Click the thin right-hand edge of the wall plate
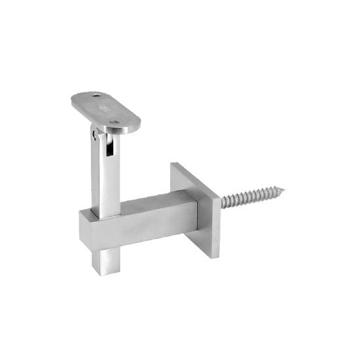pos(216,226)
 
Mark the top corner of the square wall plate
pos(173,163)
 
